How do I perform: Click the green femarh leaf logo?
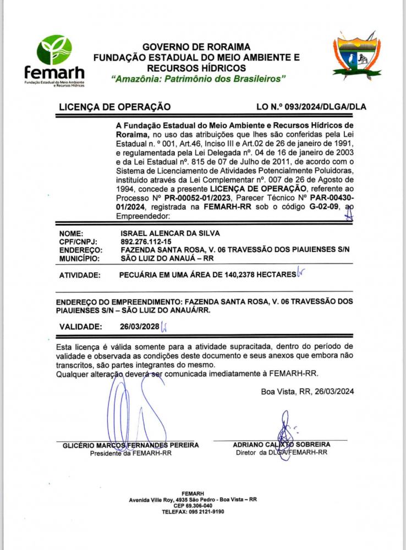click(x=54, y=50)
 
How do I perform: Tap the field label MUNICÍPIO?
click(x=79, y=257)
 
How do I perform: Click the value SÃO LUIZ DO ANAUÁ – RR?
click(x=167, y=257)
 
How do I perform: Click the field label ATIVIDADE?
click(x=80, y=274)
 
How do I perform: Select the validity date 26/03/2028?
click(x=139, y=327)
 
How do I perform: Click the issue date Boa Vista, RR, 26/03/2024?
click(x=308, y=392)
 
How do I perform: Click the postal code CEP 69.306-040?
click(x=193, y=505)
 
